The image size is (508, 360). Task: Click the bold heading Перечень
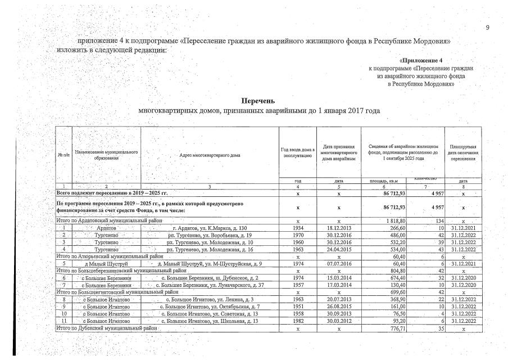point(258,101)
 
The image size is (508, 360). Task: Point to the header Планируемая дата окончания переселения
point(463,152)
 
